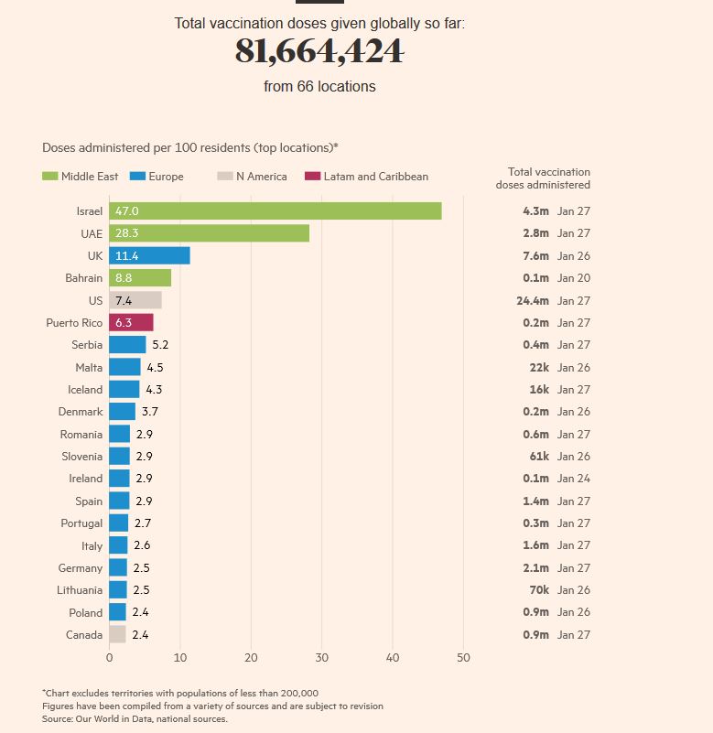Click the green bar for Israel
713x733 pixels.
[275, 211]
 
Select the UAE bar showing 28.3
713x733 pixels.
[209, 233]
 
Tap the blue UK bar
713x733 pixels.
[149, 256]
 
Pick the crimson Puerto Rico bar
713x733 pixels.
[131, 323]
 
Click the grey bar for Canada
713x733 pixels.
[117, 635]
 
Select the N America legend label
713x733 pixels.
[261, 177]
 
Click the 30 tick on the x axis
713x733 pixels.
[322, 657]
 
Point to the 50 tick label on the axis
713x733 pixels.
[463, 657]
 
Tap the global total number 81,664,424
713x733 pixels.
[319, 52]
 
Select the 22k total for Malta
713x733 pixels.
[538, 368]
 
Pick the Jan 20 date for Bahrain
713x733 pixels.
[574, 278]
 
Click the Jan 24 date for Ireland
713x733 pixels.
[574, 479]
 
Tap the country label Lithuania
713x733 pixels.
[80, 590]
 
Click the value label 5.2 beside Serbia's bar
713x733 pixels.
[160, 345]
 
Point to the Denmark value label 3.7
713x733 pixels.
[150, 412]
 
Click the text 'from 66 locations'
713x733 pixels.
[319, 87]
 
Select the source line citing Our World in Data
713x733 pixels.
[135, 719]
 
